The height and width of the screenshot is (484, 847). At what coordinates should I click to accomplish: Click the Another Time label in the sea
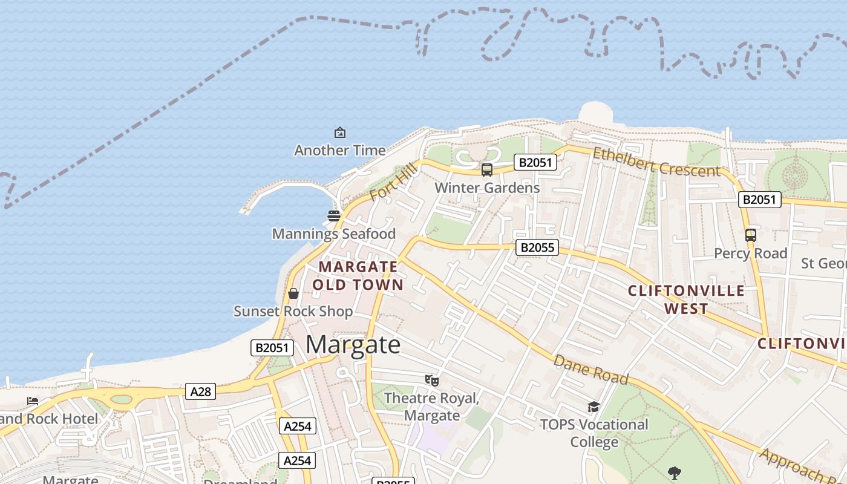(x=339, y=150)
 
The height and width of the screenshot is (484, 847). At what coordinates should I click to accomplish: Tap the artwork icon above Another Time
(x=340, y=132)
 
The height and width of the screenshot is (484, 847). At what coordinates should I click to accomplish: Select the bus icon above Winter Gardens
(x=487, y=170)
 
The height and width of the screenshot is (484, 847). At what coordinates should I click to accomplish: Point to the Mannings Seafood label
(x=333, y=234)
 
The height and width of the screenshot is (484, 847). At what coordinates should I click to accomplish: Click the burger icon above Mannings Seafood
(x=333, y=215)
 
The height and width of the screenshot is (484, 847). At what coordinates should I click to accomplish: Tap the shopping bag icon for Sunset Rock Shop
(x=293, y=293)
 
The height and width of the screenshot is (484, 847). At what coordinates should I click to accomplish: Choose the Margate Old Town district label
(x=358, y=275)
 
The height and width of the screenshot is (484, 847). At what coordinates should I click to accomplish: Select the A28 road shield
(x=200, y=391)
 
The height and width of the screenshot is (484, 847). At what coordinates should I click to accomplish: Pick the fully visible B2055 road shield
(x=537, y=247)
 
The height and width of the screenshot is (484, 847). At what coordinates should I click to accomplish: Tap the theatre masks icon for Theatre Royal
(x=431, y=380)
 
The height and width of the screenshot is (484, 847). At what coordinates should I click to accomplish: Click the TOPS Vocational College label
(x=594, y=433)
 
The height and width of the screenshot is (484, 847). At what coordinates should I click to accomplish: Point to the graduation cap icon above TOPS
(x=594, y=407)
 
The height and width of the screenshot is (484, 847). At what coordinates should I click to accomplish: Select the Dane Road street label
(x=591, y=369)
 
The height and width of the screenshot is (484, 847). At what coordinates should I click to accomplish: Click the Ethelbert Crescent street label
(x=656, y=162)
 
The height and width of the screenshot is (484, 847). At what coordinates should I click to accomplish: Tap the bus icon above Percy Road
(x=751, y=235)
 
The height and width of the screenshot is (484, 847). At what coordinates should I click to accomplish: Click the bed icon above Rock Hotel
(x=33, y=401)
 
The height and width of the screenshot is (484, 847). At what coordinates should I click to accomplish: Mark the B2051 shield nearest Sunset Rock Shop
(x=272, y=347)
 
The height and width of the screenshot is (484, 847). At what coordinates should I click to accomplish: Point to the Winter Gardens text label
(x=487, y=188)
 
